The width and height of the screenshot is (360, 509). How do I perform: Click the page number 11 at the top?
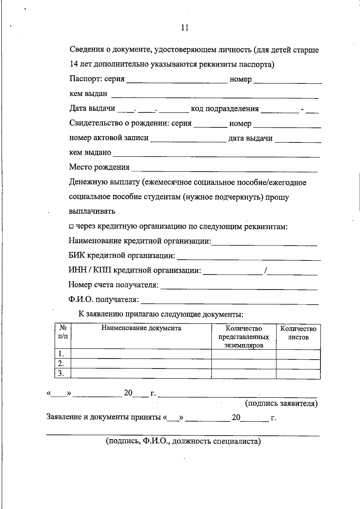tap(185, 28)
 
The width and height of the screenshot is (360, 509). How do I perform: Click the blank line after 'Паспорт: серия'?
tap(177, 80)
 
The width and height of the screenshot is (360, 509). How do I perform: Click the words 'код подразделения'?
tap(225, 109)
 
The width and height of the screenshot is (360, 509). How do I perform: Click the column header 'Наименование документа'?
tap(141, 328)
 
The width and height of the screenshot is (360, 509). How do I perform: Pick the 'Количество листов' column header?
tap(298, 333)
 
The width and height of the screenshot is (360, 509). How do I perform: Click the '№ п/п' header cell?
tap(63, 332)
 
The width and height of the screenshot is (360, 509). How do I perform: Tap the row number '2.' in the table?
tap(61, 364)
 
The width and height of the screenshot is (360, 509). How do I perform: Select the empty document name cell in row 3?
tap(141, 374)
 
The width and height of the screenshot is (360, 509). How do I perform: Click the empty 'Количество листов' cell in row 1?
tap(298, 354)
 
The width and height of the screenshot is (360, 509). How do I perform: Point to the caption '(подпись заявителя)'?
tap(281, 403)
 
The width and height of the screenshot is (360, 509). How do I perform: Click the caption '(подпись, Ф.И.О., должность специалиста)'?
tap(183, 441)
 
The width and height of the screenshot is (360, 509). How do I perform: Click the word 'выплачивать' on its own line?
tap(92, 211)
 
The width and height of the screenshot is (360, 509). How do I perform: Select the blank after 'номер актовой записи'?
tap(188, 139)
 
